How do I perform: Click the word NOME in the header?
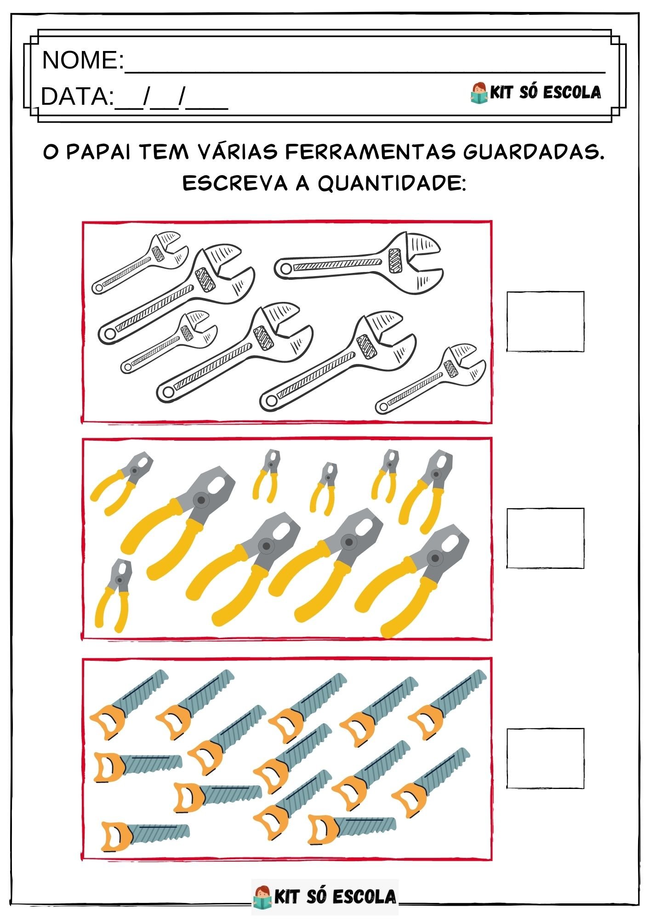pos(80,60)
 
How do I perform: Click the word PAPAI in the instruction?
pos(99,152)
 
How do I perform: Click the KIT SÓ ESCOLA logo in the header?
pos(536,92)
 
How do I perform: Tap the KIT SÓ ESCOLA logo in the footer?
pos(325,896)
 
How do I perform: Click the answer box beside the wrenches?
pos(545,322)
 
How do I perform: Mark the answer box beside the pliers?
pos(545,538)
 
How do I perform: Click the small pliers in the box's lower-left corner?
pos(113,595)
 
